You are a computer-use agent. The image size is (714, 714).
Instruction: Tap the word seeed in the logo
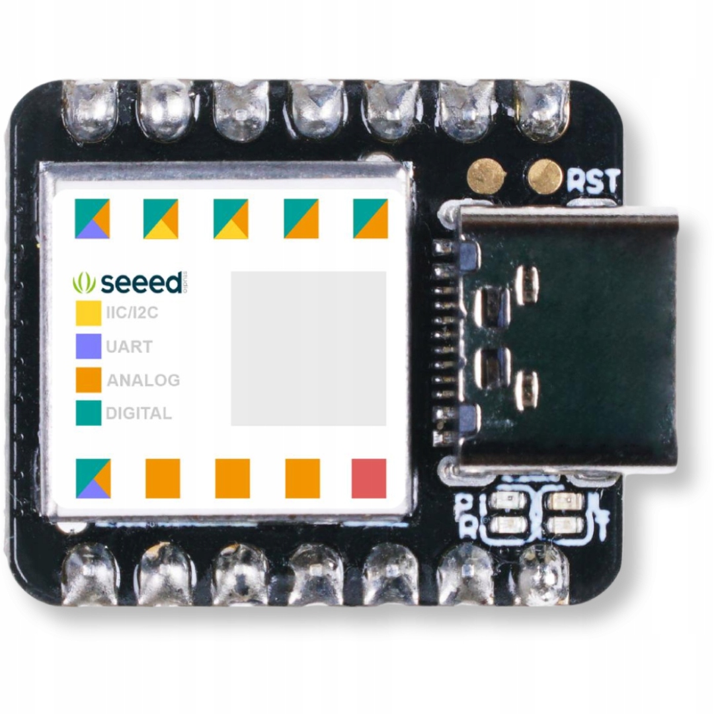[141, 283]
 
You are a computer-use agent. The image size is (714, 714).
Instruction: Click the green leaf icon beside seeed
[83, 283]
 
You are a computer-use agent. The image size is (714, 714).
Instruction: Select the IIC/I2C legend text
[132, 313]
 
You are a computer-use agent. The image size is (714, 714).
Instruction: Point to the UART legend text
[129, 346]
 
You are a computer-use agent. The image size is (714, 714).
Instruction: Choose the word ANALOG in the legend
[143, 380]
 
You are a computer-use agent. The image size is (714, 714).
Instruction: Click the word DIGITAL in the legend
[139, 414]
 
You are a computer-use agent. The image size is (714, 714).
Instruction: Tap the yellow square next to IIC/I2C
[88, 313]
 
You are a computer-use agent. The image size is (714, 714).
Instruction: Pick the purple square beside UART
[88, 346]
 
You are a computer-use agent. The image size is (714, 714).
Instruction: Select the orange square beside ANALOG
[88, 380]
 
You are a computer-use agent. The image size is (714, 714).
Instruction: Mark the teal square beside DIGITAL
[88, 413]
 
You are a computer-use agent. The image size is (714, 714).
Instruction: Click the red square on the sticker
[369, 478]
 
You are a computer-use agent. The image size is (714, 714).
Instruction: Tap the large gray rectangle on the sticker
[308, 348]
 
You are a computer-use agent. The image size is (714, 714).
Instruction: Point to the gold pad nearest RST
[545, 177]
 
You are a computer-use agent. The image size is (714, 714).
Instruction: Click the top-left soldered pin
[90, 109]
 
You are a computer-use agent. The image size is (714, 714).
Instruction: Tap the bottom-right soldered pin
[543, 573]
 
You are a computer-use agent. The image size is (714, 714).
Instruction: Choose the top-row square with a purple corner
[92, 218]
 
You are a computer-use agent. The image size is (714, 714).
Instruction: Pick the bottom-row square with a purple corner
[93, 478]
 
